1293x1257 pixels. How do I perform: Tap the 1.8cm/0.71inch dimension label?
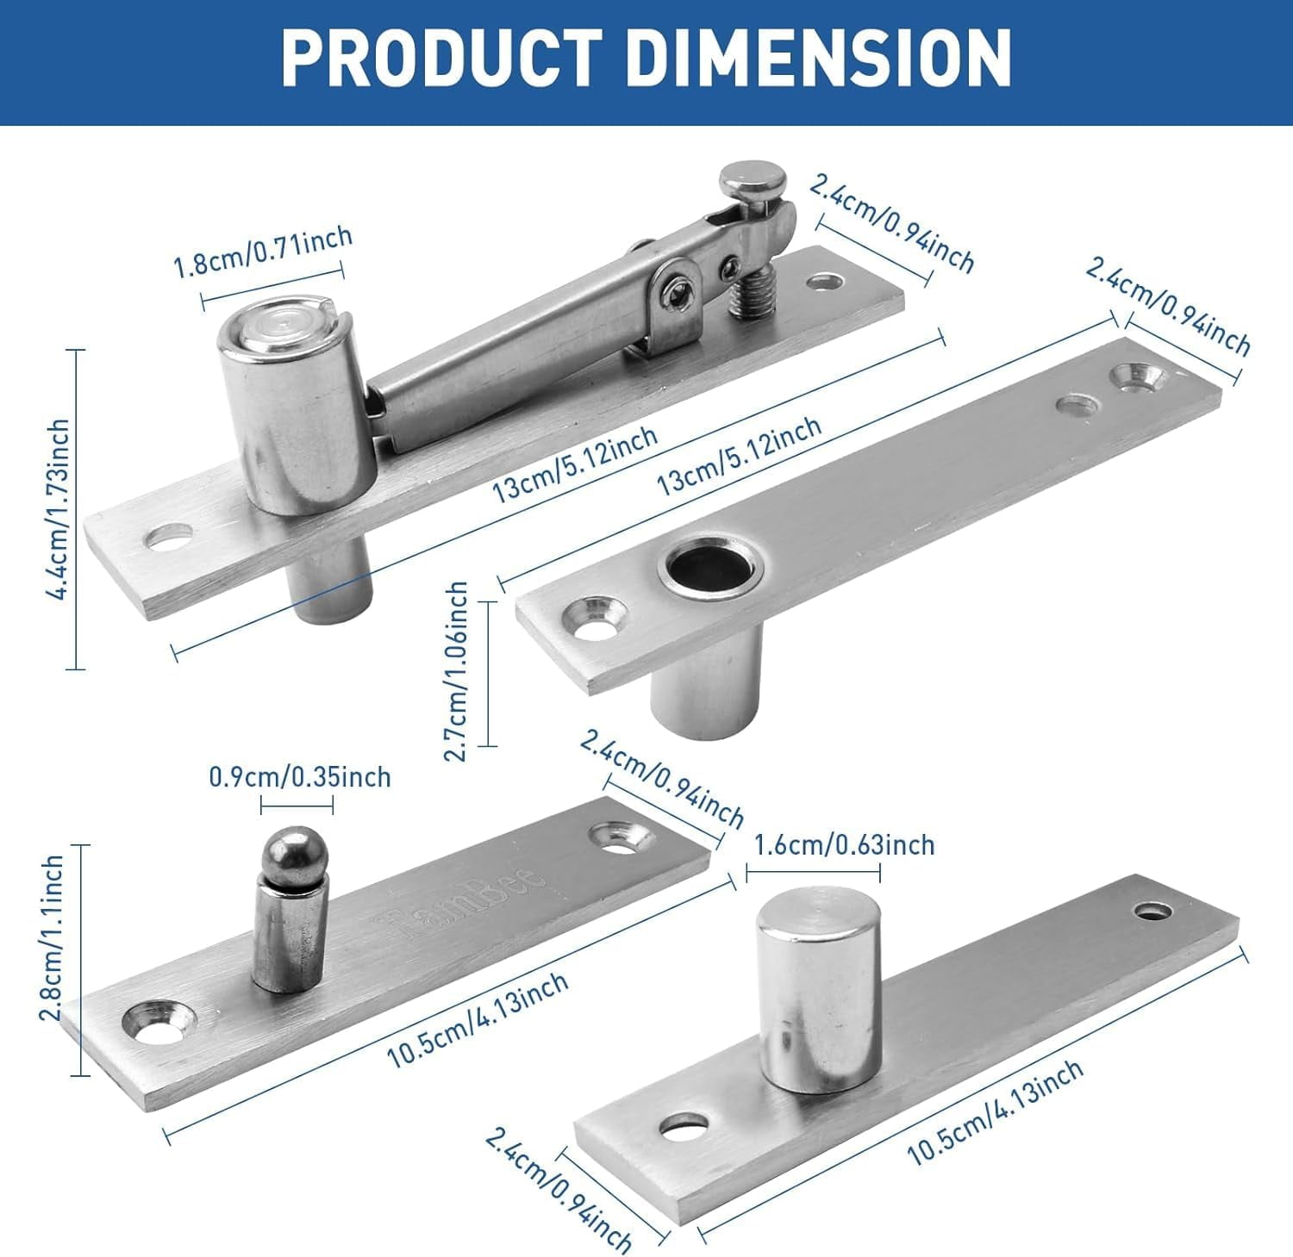pos(263,251)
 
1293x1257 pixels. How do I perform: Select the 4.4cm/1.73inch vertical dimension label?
pos(59,509)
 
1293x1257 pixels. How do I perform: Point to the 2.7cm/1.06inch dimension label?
pos(457,671)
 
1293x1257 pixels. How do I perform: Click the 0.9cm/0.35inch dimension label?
pos(299,777)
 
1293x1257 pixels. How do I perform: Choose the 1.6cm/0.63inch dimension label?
pos(844,844)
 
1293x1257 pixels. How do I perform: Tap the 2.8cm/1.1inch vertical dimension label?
pos(53,937)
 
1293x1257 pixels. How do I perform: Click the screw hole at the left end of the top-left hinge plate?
pos(168,538)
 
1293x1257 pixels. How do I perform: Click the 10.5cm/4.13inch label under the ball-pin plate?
pos(476,1021)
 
